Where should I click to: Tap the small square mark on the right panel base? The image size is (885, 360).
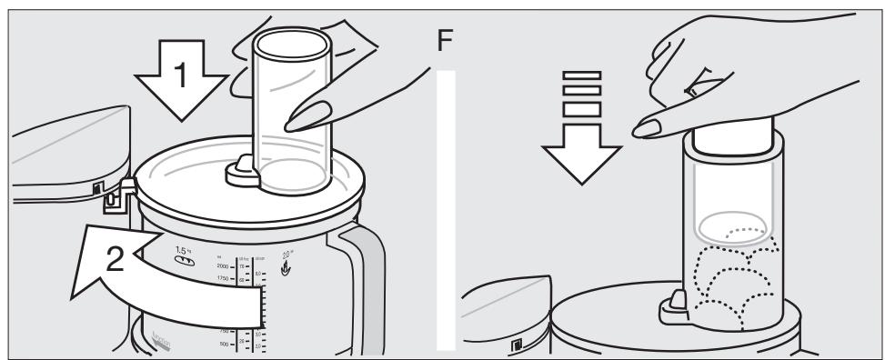516,345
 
